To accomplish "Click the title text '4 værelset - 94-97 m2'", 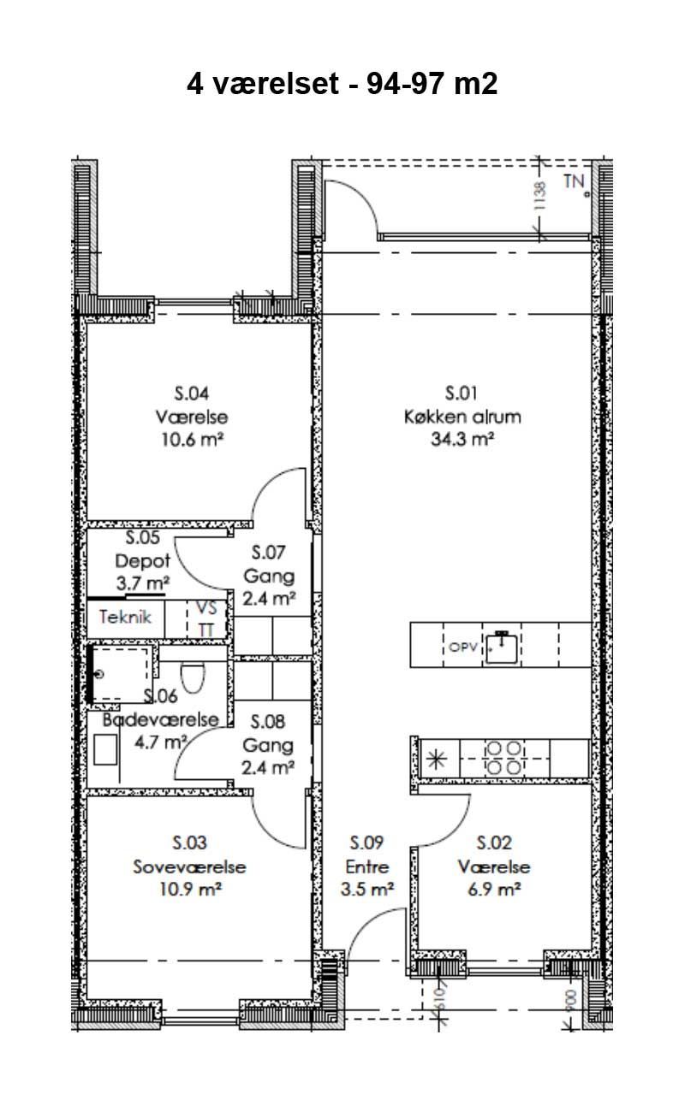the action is tap(342, 84).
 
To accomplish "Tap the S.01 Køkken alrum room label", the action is tap(462, 405).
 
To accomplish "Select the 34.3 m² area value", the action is tap(462, 439).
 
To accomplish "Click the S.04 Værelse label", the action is tap(192, 405).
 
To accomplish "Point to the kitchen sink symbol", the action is tap(502, 647).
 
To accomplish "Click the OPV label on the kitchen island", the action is tap(462, 648).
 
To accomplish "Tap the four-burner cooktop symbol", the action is tap(503, 758).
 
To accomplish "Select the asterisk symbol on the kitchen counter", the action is tap(437, 759).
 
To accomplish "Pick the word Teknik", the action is tap(125, 617).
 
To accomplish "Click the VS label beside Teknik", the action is tap(206, 608).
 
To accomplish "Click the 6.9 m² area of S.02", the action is tap(494, 889).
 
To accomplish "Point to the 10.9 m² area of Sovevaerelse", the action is tap(190, 889).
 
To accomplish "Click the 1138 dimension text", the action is tap(539, 196).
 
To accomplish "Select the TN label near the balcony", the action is tap(574, 181).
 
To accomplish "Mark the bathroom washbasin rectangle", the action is tap(105, 749).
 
